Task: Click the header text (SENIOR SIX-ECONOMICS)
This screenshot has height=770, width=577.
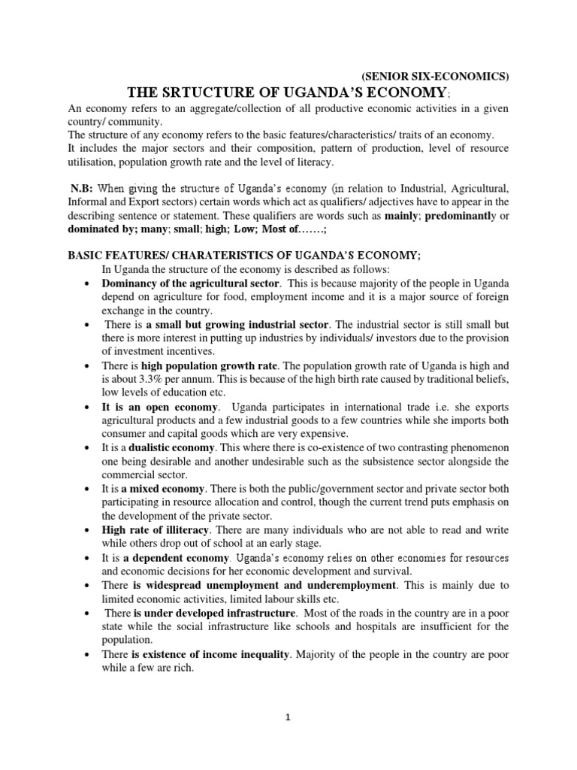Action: point(435,76)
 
